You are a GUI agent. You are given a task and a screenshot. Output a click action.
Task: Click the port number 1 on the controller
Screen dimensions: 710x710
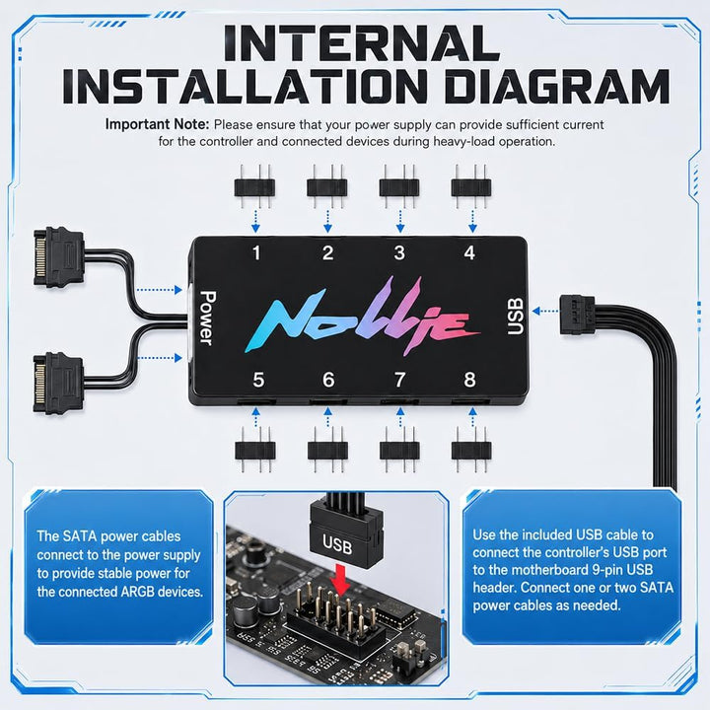pyautogui.click(x=256, y=252)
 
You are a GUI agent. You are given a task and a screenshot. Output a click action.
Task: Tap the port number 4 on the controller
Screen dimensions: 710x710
pyautogui.click(x=469, y=252)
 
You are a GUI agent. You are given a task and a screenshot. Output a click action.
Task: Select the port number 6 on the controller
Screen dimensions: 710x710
pyautogui.click(x=328, y=380)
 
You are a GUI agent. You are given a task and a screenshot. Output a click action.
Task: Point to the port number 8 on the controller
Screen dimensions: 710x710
pyautogui.click(x=469, y=380)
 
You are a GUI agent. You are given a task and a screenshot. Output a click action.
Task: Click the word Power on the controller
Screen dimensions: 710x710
pyautogui.click(x=207, y=318)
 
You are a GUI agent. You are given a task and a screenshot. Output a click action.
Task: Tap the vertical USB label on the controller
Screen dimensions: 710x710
pyautogui.click(x=516, y=317)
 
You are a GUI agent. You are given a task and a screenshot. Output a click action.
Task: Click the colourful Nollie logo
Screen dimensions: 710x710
pyautogui.click(x=361, y=316)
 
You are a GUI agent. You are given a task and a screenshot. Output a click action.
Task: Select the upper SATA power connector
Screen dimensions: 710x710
pyautogui.click(x=59, y=257)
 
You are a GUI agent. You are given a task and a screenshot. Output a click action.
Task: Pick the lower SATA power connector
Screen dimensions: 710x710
pyautogui.click(x=59, y=383)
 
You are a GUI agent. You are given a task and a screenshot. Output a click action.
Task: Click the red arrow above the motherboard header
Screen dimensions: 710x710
pyautogui.click(x=340, y=579)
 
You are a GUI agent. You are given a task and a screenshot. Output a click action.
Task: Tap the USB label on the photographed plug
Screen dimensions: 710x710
pyautogui.click(x=337, y=543)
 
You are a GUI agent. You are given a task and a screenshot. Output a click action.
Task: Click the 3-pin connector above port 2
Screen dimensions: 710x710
pyautogui.click(x=327, y=186)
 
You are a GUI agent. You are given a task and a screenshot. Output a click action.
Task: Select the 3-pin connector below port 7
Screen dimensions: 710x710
pyautogui.click(x=399, y=450)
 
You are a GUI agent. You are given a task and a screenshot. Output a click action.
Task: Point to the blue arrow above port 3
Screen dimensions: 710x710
pyautogui.click(x=399, y=222)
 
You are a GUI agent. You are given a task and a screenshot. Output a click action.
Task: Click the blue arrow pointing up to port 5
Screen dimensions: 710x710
pyautogui.click(x=255, y=417)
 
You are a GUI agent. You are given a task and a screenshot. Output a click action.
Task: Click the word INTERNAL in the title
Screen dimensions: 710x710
pyautogui.click(x=362, y=43)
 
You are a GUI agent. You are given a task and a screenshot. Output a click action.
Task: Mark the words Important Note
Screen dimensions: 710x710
pyautogui.click(x=157, y=124)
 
